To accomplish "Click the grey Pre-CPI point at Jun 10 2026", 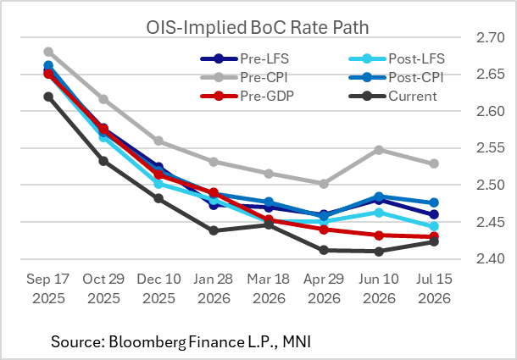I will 379,150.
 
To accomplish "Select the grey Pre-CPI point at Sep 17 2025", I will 48,52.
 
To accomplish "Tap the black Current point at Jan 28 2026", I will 214,230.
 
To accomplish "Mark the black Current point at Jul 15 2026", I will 433,241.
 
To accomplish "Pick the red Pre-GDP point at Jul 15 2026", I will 433,236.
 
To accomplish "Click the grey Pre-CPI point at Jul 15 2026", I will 433,163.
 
